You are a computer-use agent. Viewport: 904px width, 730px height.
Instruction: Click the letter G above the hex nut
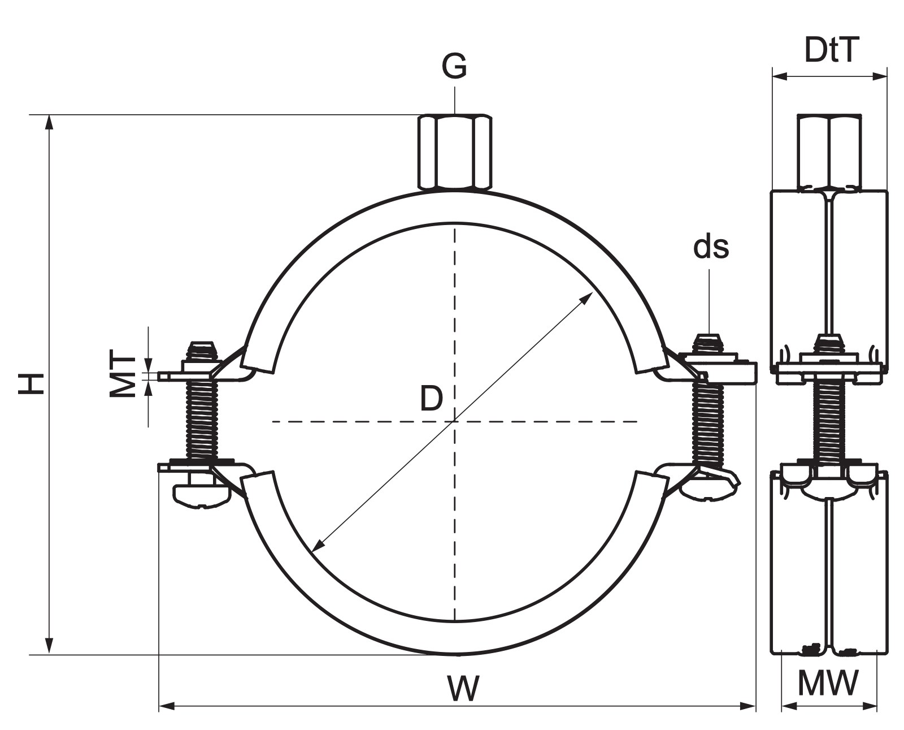(x=454, y=66)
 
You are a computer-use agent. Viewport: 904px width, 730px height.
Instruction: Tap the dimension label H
(x=31, y=383)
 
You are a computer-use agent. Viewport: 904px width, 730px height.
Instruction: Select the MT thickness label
(x=122, y=377)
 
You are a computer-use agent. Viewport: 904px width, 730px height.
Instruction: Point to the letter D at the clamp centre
(x=432, y=399)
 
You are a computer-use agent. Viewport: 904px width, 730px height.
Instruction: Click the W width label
(x=463, y=688)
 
